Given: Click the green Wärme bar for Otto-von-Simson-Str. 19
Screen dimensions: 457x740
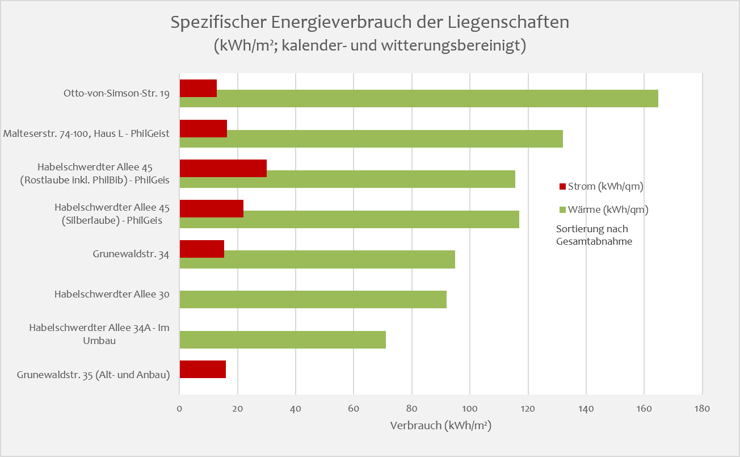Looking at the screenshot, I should pos(419,98).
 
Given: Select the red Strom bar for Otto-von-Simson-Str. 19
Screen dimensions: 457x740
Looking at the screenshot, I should pos(198,89).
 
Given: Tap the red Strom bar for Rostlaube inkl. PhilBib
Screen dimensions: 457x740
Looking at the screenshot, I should pos(223,169).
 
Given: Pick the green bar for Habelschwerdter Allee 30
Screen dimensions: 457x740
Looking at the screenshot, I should pos(313,299).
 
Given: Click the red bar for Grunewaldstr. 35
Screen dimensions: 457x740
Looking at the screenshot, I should pos(203,369).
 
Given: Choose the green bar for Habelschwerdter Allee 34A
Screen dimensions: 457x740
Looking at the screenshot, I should pos(283,339).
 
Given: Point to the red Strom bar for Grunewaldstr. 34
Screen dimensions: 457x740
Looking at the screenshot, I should pos(201,249).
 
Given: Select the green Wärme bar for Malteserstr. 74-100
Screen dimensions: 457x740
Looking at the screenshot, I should pos(371,139).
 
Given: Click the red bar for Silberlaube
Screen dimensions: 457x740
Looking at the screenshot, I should pos(211,208).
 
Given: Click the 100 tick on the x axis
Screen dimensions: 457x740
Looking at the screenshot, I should pos(470,408).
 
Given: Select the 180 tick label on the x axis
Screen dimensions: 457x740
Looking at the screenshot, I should pos(702,408).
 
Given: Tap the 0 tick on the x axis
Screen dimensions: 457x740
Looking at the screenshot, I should pos(179,408).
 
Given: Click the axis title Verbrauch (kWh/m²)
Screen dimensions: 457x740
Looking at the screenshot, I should pos(440,426).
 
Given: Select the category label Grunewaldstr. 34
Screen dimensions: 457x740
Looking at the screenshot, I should pos(131,254).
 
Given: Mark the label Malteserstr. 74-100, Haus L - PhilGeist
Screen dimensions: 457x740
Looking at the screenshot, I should pos(86,134).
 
